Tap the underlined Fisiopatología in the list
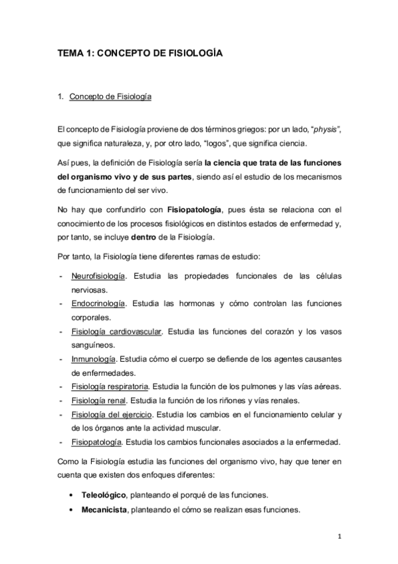[96, 442]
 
